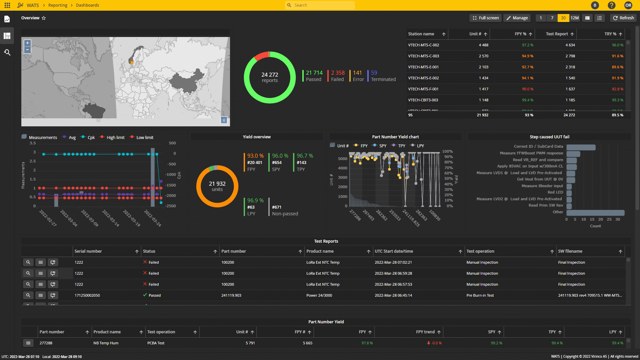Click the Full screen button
[x=485, y=18]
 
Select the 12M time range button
[x=574, y=18]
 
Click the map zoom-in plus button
[x=28, y=43]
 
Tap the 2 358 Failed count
[x=337, y=76]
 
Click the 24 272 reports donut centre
[x=269, y=77]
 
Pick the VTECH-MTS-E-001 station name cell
[x=423, y=67]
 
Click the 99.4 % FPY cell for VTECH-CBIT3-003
[x=527, y=100]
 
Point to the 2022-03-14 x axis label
[x=111, y=218]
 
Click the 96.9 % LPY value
[x=255, y=200]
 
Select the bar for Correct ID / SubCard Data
[x=581, y=147]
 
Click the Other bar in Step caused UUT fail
[x=595, y=213]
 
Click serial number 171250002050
[x=87, y=295]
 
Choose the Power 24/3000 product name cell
[x=319, y=295]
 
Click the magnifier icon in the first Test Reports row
[x=28, y=262]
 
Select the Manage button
[x=517, y=18]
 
